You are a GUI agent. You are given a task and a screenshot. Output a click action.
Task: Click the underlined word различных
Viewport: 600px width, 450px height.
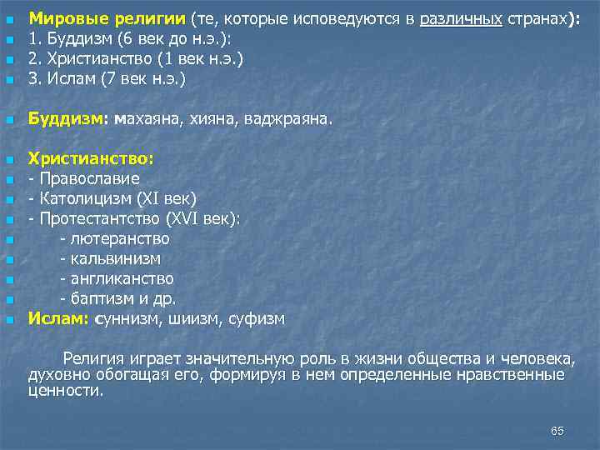461,19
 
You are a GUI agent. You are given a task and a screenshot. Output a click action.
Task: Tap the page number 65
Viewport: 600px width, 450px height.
557,430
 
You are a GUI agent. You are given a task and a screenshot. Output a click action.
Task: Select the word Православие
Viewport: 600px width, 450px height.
88,178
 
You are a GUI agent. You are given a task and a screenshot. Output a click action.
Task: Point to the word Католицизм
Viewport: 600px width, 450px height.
83,198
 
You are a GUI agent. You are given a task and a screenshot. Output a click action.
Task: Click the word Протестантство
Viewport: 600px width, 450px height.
99,218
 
